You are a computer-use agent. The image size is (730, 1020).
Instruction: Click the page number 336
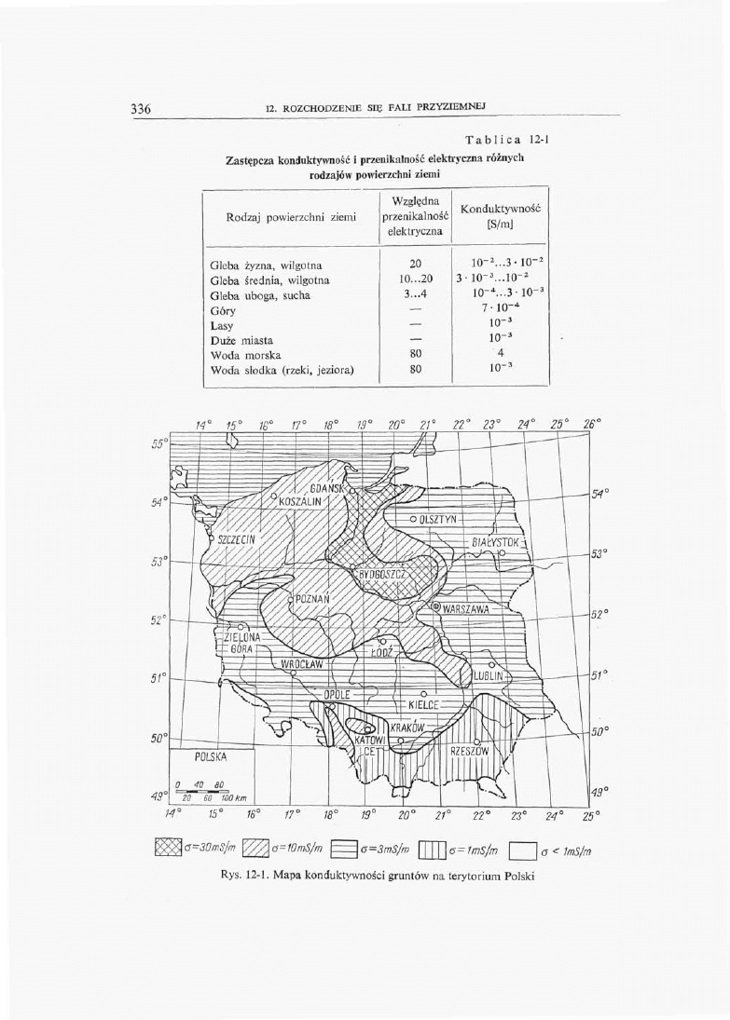click(141, 109)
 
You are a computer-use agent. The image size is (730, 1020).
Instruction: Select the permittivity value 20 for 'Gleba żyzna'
click(416, 265)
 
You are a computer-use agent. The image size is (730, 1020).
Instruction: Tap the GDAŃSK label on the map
click(328, 489)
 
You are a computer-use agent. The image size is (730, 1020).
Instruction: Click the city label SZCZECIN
click(238, 538)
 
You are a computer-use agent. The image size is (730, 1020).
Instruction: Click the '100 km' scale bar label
click(232, 798)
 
